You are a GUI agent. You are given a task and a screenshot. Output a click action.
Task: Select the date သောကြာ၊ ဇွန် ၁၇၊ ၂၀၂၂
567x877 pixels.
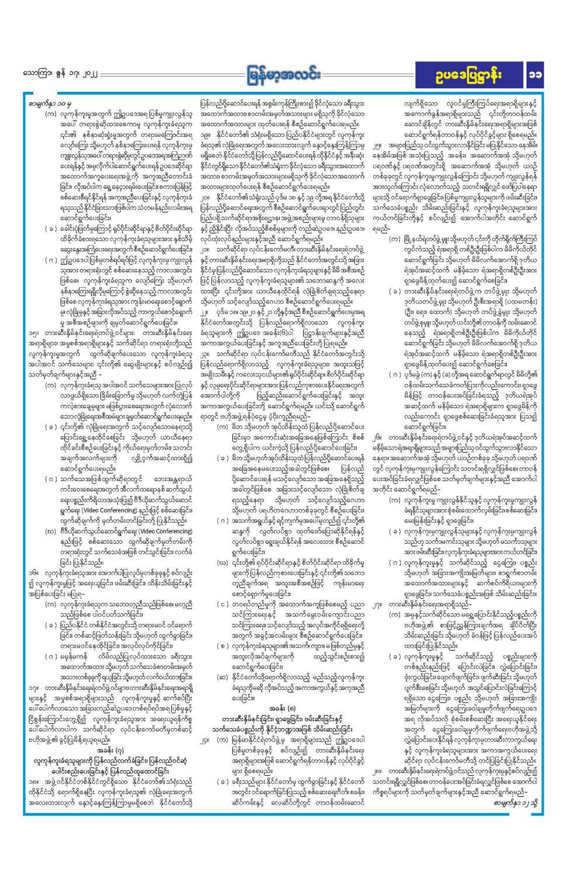coord(60,75)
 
